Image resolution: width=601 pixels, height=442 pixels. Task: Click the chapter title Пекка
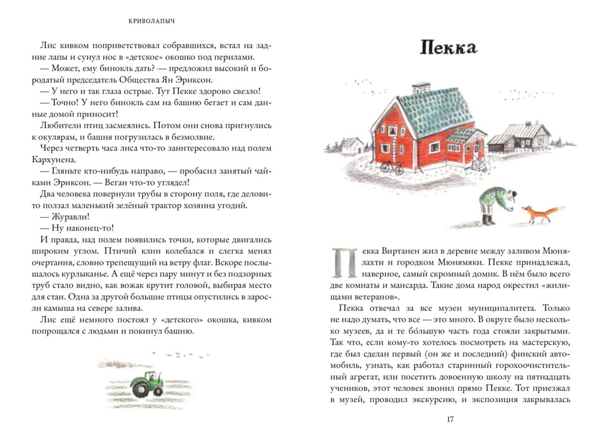tap(448, 47)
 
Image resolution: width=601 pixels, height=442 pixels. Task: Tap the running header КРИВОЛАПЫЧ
tap(152, 21)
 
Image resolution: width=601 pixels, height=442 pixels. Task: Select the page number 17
tap(450, 419)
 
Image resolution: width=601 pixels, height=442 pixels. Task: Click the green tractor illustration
tap(146, 383)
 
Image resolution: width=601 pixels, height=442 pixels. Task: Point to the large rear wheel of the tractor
tap(141, 388)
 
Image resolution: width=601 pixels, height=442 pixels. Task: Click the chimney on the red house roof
tap(421, 89)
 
